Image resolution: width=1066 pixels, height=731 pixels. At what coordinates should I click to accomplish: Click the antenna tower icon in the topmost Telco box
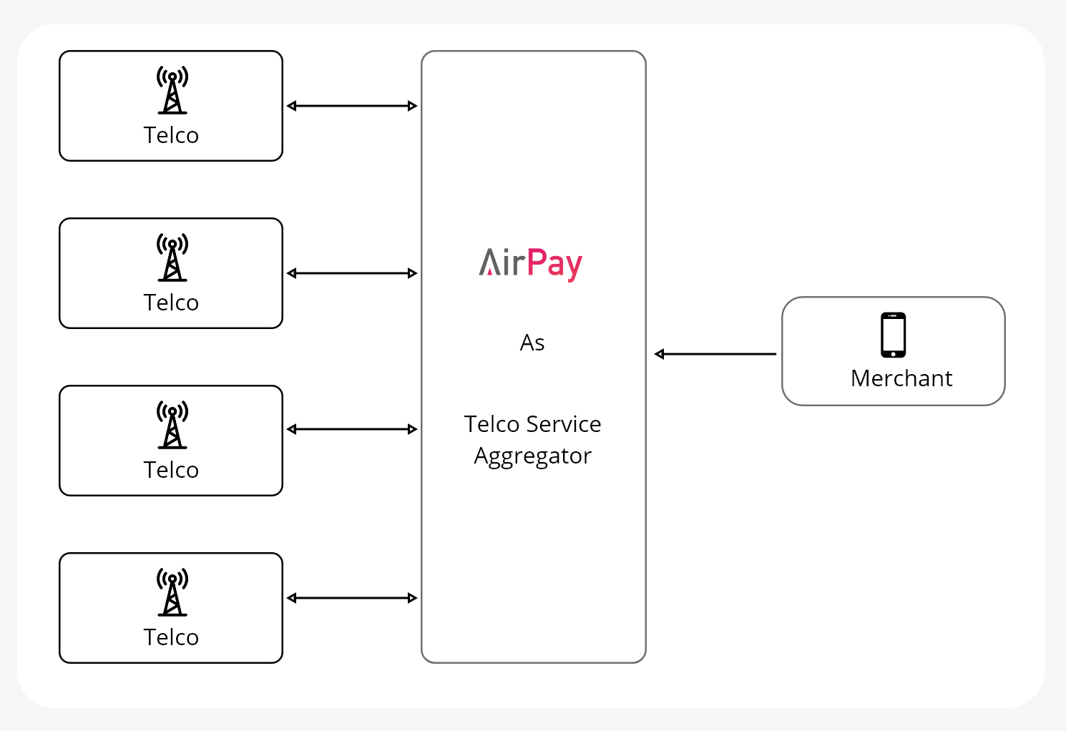tap(172, 91)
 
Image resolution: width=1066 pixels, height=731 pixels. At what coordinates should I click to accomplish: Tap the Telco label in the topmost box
tap(171, 135)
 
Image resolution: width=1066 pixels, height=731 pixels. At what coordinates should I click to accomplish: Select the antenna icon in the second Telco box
tap(172, 258)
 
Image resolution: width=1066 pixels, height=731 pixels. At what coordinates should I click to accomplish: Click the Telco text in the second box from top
tap(171, 303)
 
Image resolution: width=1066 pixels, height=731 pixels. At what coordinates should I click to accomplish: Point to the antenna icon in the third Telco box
tap(172, 426)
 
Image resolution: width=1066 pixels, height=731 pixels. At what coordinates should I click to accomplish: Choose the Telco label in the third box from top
tap(171, 470)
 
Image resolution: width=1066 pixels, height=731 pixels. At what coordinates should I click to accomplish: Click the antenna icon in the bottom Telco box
tap(172, 593)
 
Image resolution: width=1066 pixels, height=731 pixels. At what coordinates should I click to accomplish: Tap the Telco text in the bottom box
tap(171, 637)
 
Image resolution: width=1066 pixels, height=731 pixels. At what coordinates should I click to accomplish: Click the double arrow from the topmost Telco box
tap(352, 106)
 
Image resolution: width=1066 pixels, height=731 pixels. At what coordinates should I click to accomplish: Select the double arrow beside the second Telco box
tap(352, 273)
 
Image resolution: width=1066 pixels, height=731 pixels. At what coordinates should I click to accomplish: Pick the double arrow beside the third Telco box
tap(352, 429)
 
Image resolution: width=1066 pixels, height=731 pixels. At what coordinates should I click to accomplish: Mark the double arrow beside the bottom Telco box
tap(352, 598)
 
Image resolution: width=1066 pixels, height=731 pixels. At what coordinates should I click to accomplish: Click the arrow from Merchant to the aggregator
tap(715, 354)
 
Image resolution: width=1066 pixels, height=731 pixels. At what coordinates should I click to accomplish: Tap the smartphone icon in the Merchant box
tap(893, 335)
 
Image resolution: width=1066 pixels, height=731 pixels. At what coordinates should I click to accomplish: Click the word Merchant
tap(901, 378)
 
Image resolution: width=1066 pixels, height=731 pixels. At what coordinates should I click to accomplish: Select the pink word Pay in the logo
tap(554, 264)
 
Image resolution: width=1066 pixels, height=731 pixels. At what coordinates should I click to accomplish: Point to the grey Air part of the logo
tap(502, 263)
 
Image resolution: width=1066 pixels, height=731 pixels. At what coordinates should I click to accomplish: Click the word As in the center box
tap(532, 343)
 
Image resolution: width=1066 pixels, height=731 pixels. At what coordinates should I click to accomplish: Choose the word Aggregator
tap(533, 456)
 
